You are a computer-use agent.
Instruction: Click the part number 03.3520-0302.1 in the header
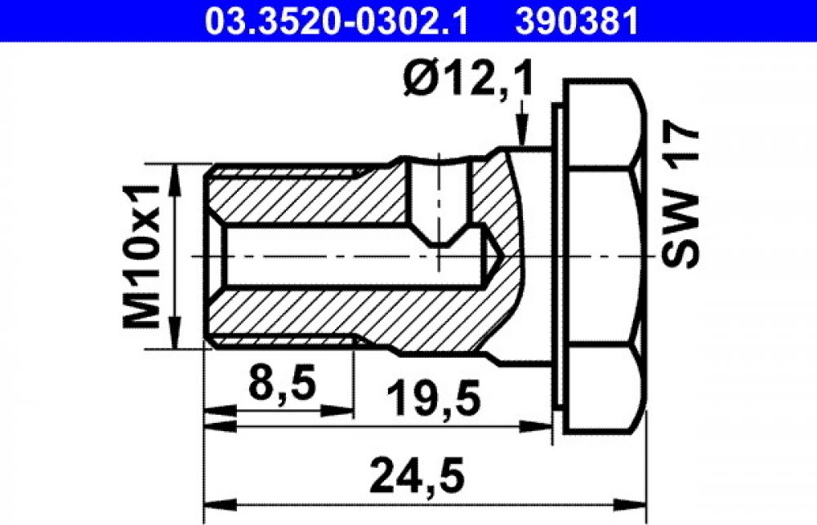click(x=336, y=21)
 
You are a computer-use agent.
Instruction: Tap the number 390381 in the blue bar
click(x=576, y=21)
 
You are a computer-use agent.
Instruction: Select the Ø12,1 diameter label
click(x=469, y=79)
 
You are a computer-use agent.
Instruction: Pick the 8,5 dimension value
click(x=283, y=383)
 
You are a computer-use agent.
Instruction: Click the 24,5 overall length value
click(x=416, y=475)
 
